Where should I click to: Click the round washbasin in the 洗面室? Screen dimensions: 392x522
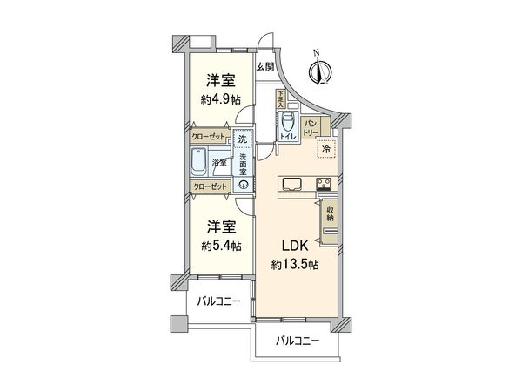244,185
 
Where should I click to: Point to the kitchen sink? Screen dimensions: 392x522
291,184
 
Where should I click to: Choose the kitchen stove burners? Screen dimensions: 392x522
324,184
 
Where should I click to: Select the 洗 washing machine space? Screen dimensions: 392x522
244,139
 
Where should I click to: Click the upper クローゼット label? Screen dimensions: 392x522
209,138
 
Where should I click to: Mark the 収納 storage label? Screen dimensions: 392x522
331,212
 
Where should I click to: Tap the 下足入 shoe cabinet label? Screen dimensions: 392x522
280,98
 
